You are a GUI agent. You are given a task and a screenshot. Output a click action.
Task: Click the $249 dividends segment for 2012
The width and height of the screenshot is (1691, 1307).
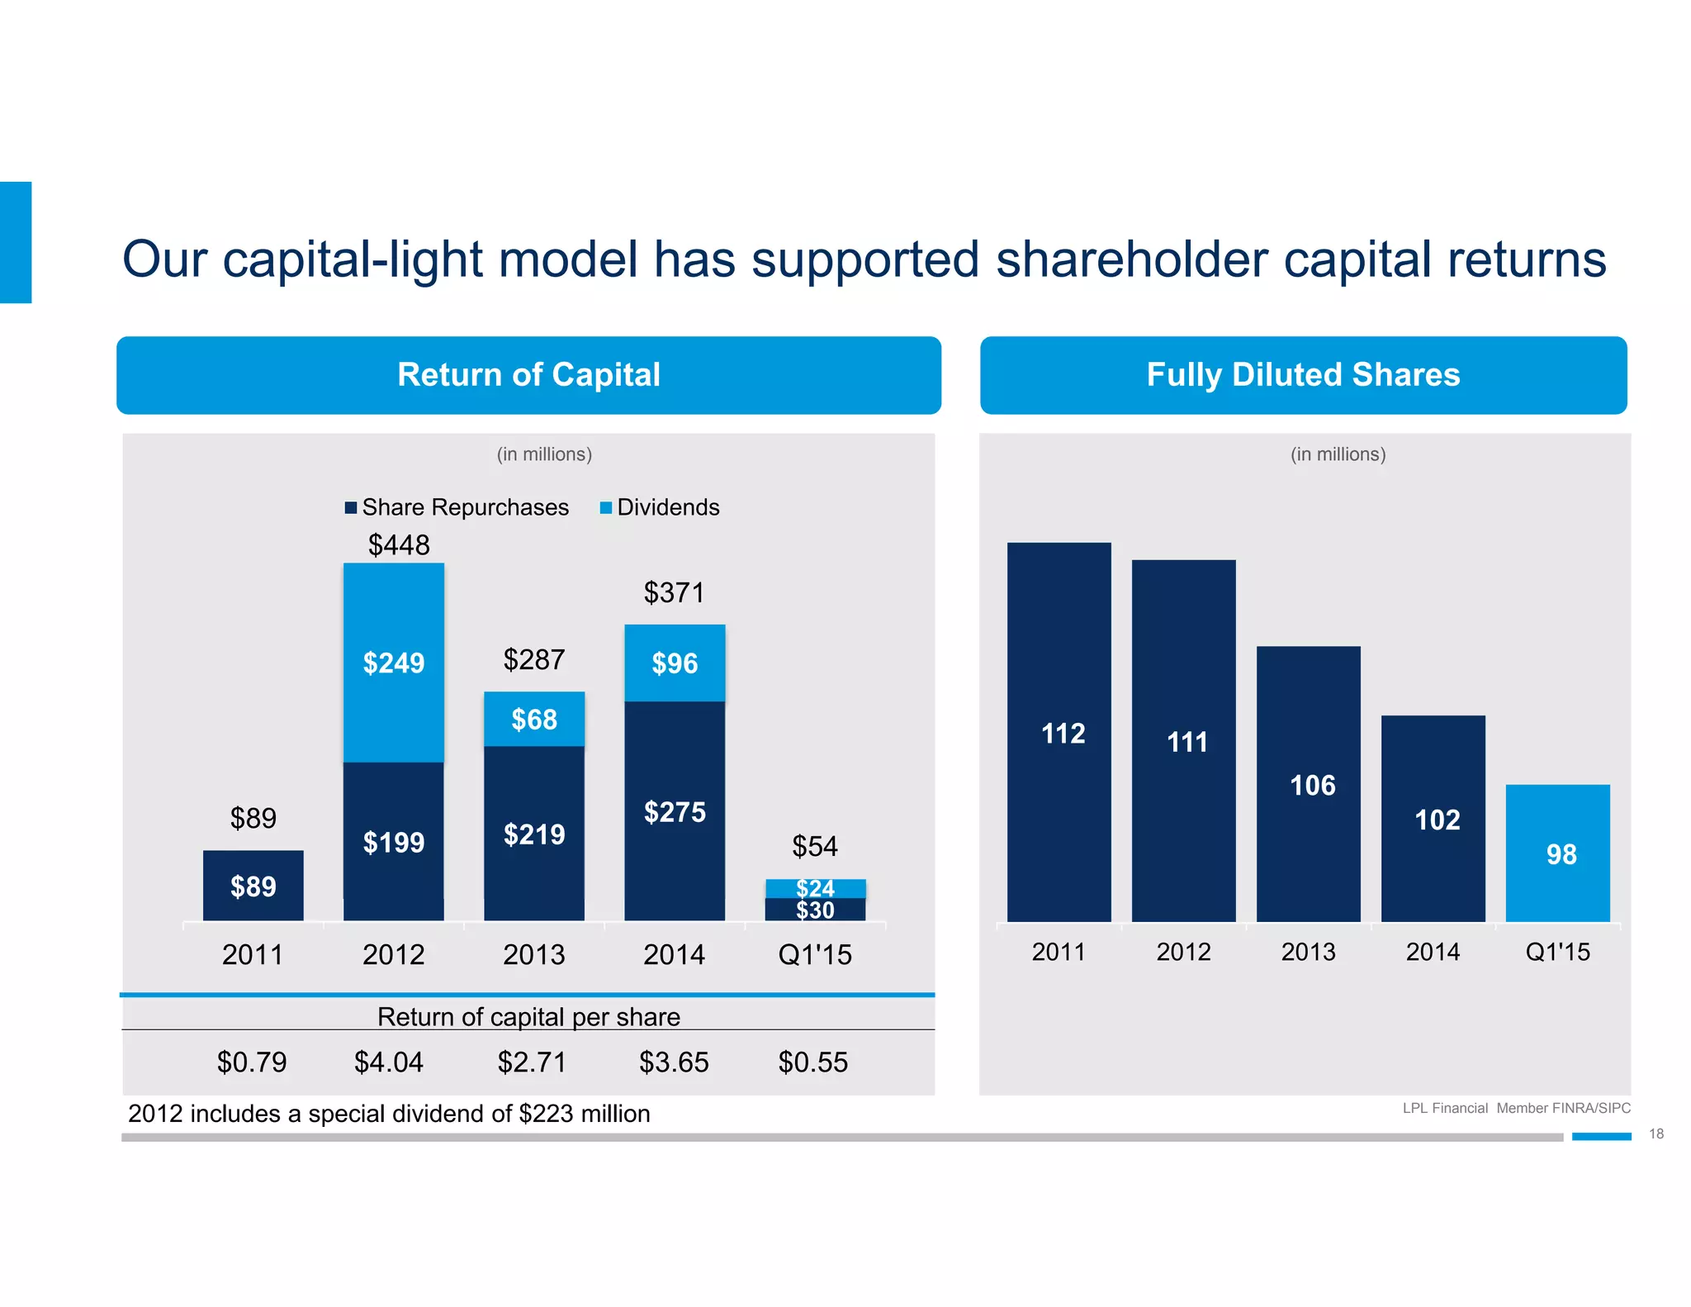[394, 663]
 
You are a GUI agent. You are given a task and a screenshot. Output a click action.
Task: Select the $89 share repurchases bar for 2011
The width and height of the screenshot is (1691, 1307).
[253, 886]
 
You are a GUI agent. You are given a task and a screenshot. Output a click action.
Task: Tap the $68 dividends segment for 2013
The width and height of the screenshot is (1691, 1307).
[534, 719]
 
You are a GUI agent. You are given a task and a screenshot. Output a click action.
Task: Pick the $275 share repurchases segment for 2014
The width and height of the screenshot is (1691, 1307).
[675, 811]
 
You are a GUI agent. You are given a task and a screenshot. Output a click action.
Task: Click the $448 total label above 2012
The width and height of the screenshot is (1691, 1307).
[399, 545]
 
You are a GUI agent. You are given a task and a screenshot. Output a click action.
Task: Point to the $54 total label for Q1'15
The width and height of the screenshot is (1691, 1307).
[814, 846]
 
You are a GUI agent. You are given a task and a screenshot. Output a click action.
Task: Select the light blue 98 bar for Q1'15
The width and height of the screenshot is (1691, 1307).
[1557, 853]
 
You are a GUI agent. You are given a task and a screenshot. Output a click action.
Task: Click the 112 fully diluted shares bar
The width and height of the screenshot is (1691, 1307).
[1059, 732]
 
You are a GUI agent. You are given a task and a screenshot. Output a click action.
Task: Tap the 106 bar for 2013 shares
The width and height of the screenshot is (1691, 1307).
[1309, 784]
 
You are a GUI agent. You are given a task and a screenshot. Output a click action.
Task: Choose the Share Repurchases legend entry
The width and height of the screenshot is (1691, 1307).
[457, 507]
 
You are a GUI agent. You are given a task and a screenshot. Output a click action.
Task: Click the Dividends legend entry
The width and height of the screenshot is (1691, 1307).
[660, 507]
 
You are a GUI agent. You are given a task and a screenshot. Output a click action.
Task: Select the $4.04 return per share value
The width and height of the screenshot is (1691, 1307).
[388, 1062]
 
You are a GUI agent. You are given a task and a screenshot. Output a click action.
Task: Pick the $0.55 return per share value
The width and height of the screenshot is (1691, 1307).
[812, 1062]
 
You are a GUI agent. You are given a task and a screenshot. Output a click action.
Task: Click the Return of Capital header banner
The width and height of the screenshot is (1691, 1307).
[528, 375]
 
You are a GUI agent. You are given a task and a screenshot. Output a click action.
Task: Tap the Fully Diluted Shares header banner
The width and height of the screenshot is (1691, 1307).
[1303, 375]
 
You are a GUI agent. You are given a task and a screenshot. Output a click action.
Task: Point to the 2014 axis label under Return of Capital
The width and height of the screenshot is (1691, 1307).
[674, 954]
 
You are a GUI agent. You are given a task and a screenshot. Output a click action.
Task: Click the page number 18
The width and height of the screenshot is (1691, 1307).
[1655, 1134]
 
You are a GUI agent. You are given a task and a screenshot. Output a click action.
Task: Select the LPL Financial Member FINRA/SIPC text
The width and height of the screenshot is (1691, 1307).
[1516, 1108]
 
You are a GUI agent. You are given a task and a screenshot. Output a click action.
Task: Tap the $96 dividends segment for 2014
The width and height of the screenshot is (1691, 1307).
[675, 663]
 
